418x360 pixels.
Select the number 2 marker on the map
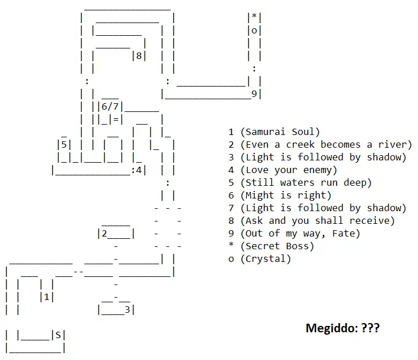click(104, 234)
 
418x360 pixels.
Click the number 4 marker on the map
click(139, 170)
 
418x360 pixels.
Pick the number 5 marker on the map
click(64, 145)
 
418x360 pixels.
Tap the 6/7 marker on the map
click(110, 107)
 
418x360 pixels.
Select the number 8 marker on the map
click(139, 56)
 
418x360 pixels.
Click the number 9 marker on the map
click(254, 94)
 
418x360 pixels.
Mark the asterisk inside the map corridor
click(254, 18)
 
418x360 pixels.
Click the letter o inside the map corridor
click(254, 31)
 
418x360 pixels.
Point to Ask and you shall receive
click(317, 221)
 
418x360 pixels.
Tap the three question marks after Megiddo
click(370, 329)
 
